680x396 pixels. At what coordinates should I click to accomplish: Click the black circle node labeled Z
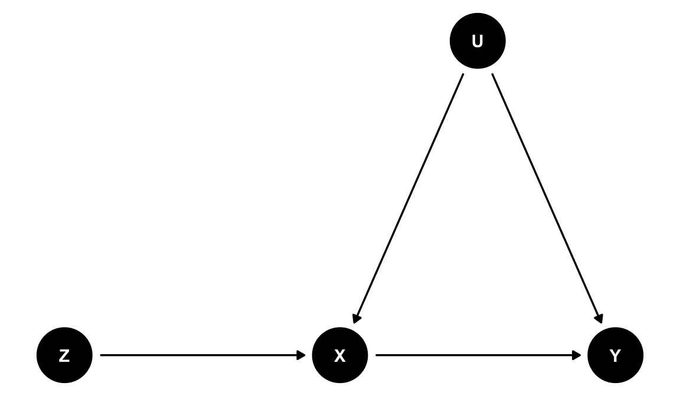(64, 355)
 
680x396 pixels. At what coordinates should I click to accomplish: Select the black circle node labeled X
(340, 355)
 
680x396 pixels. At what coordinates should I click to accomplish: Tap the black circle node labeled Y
(616, 355)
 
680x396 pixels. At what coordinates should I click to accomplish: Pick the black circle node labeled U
(478, 41)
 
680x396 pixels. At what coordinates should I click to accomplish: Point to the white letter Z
(64, 356)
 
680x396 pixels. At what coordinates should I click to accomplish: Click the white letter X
(340, 356)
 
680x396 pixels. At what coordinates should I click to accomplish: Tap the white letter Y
(616, 356)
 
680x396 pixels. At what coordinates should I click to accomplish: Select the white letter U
(478, 41)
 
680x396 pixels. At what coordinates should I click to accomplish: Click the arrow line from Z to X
(202, 355)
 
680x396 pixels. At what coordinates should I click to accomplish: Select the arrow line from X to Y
(478, 355)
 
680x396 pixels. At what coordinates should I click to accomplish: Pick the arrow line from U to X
(408, 198)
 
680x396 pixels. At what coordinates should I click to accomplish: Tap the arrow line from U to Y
(547, 198)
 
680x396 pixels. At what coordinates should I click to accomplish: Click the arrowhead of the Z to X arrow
(302, 355)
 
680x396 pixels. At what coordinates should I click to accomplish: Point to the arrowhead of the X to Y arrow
(577, 355)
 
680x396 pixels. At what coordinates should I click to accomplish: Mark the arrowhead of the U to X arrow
(356, 319)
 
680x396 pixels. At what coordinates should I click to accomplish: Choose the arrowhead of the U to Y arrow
(599, 319)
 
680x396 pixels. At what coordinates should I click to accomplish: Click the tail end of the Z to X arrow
(100, 355)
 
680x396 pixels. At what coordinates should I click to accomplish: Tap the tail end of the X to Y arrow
(375, 355)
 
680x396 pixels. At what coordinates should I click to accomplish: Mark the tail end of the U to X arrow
(463, 74)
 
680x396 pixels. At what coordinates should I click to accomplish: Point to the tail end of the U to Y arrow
(492, 74)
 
